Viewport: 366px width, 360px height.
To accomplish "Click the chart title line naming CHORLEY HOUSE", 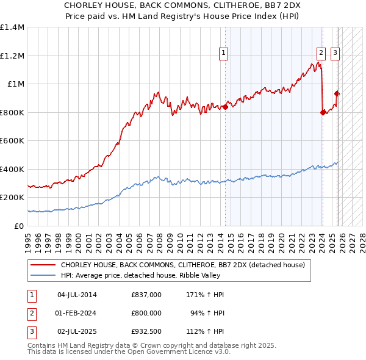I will tap(183, 4).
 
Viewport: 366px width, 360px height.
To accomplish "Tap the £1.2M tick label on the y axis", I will tap(12, 56).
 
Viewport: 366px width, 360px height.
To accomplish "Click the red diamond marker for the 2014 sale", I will tap(226, 107).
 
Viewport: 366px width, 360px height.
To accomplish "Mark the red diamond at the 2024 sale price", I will tap(323, 112).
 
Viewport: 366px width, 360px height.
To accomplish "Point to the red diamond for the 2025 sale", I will tap(337, 93).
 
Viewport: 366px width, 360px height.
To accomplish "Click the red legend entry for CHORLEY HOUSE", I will tap(186, 265).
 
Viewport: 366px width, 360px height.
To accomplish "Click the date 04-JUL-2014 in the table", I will tap(77, 295).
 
